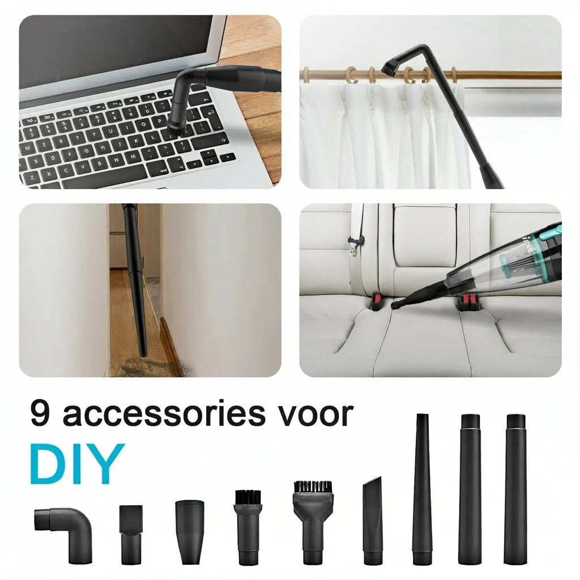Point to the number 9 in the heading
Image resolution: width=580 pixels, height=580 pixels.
tap(40, 412)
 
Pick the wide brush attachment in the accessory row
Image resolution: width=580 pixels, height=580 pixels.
tap(313, 522)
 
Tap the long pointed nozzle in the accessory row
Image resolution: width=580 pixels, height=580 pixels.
tap(422, 489)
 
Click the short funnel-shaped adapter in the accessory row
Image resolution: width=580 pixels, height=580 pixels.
tap(189, 531)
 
